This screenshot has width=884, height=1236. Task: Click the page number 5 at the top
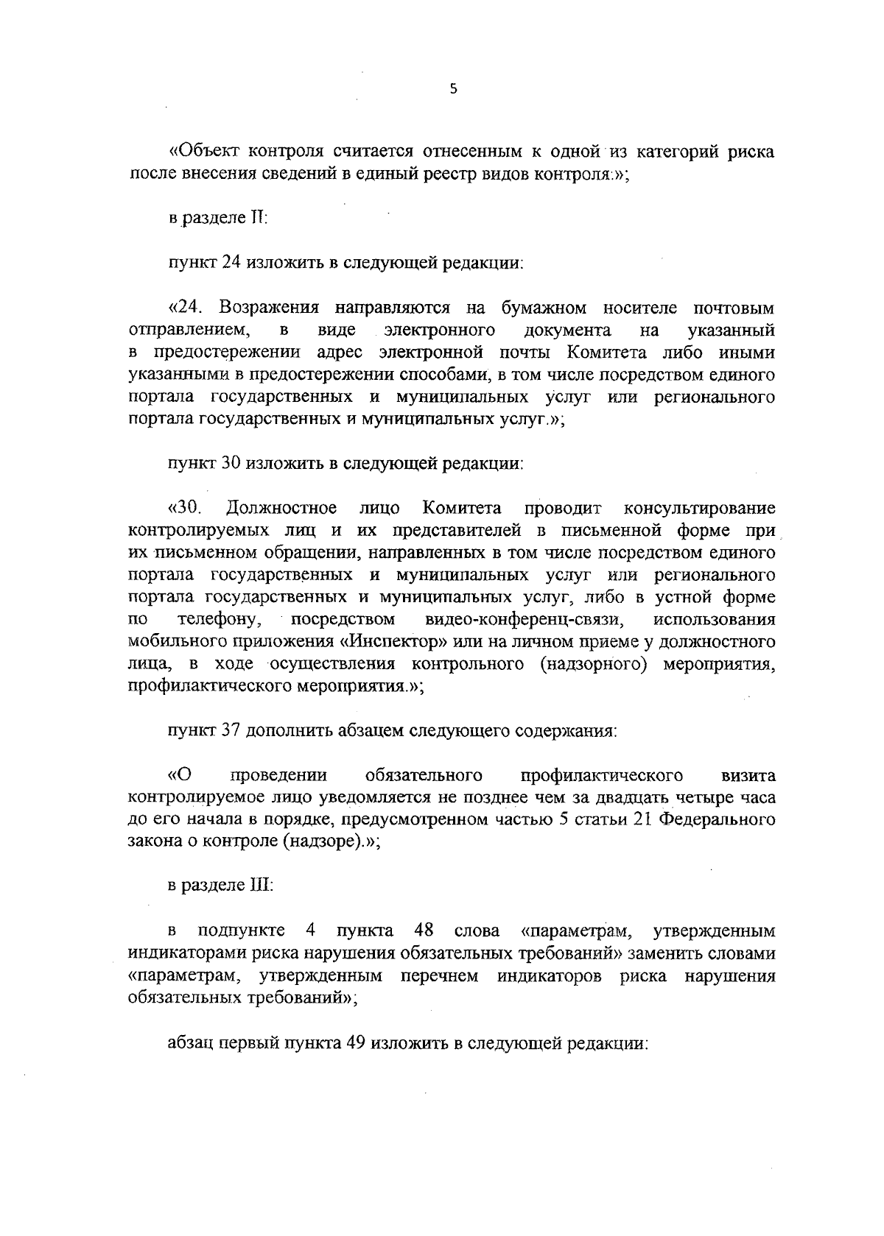click(454, 89)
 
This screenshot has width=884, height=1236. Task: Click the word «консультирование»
click(699, 507)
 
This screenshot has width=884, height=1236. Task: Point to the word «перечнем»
click(439, 976)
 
